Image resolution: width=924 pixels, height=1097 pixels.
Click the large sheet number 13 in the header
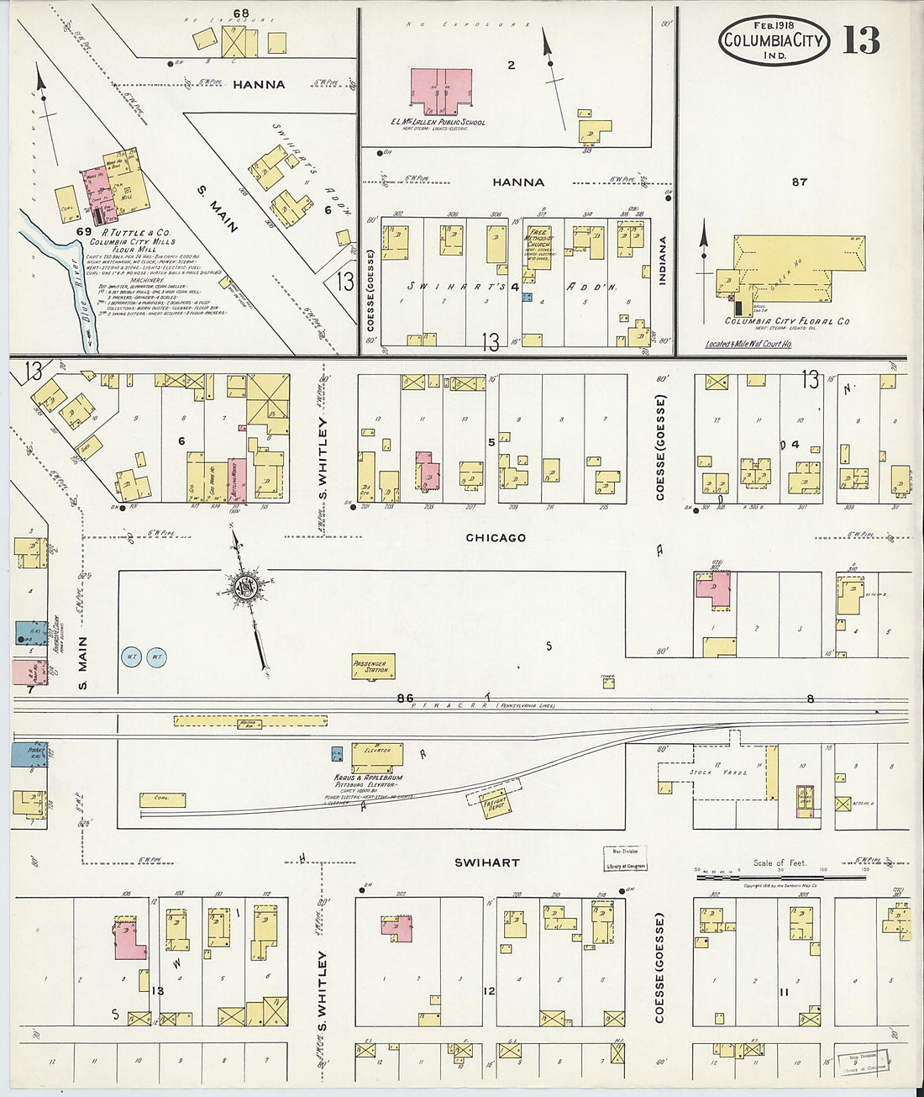(x=861, y=40)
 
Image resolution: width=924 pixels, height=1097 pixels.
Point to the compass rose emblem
(x=244, y=586)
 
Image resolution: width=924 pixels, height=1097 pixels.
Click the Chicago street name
(x=496, y=537)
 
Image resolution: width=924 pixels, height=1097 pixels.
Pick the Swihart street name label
(x=486, y=862)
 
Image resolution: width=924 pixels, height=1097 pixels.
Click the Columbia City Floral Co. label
(x=787, y=321)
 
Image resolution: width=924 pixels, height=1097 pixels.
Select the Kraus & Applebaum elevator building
(x=377, y=754)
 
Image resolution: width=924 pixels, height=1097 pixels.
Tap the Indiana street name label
(x=663, y=261)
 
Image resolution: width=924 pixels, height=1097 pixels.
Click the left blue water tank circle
(x=132, y=656)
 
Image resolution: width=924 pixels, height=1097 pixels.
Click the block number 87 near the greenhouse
(x=799, y=182)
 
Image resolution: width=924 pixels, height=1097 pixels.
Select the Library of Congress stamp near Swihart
(x=626, y=860)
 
